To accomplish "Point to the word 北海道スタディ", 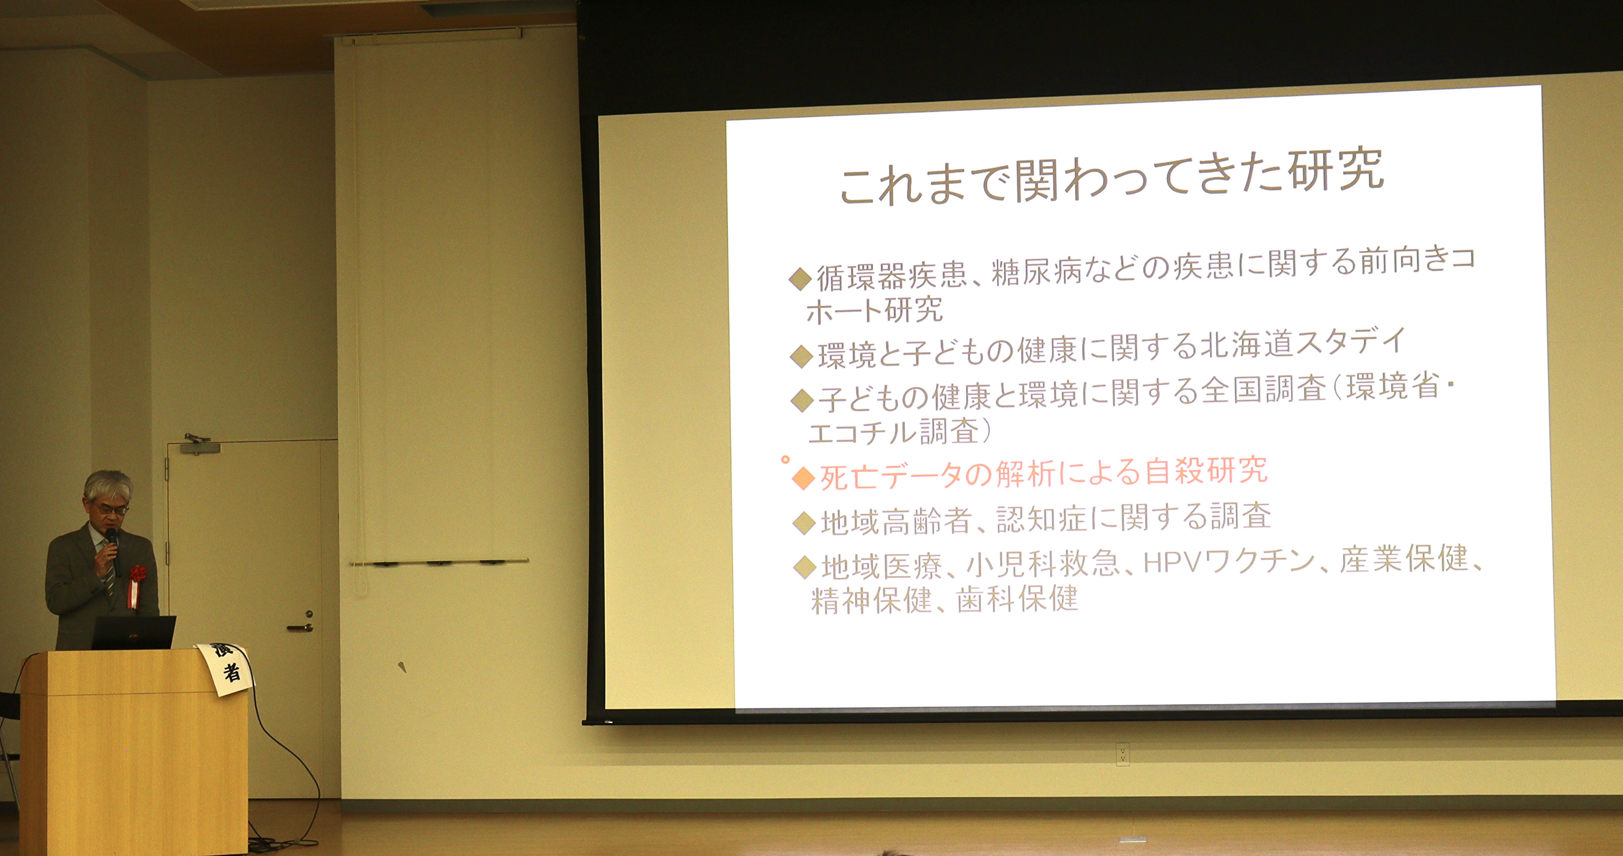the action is tap(1303, 343).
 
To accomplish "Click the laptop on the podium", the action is tap(133, 632).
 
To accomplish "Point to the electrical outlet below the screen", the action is tap(1122, 754).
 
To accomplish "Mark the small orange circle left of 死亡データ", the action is tap(785, 459).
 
